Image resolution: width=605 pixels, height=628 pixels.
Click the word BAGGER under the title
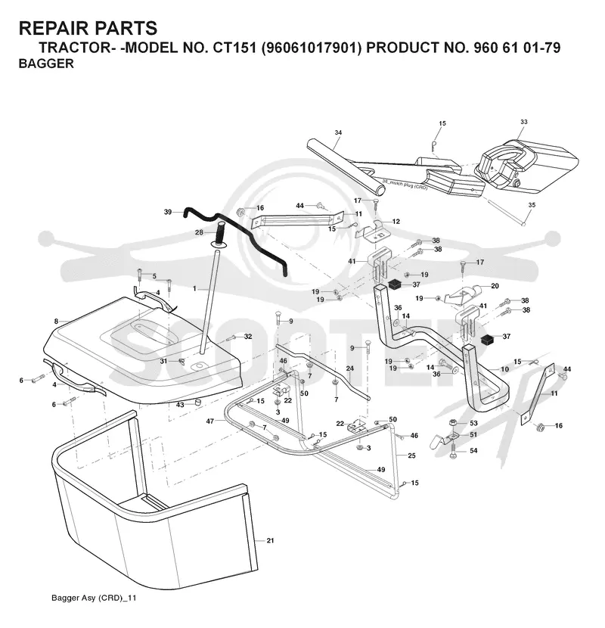pyautogui.click(x=46, y=64)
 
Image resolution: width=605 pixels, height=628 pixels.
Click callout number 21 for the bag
pyautogui.click(x=270, y=541)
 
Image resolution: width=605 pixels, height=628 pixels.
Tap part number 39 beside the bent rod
pyautogui.click(x=168, y=211)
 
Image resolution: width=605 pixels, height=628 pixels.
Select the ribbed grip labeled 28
pyautogui.click(x=221, y=234)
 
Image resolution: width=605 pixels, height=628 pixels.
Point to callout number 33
pyautogui.click(x=524, y=122)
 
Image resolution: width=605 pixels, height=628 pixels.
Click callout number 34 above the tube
pyautogui.click(x=338, y=132)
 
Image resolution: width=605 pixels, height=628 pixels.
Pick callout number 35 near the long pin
pyautogui.click(x=532, y=205)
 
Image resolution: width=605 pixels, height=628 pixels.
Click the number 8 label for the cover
pyautogui.click(x=56, y=322)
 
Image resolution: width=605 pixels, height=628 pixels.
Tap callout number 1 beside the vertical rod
pyautogui.click(x=194, y=288)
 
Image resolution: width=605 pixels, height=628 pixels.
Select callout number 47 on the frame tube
pyautogui.click(x=209, y=421)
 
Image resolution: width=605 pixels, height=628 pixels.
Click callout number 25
pyautogui.click(x=411, y=455)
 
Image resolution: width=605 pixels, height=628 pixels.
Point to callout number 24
pyautogui.click(x=350, y=368)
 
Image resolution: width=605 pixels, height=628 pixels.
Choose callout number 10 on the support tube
pyautogui.click(x=504, y=369)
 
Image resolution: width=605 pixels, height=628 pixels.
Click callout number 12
pyautogui.click(x=396, y=222)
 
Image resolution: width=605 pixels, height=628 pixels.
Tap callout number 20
pyautogui.click(x=495, y=286)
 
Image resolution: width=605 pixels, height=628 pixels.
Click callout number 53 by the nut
pyautogui.click(x=473, y=424)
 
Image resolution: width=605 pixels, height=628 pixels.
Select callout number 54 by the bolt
pyautogui.click(x=473, y=451)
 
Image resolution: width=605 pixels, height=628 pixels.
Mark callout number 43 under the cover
pyautogui.click(x=180, y=405)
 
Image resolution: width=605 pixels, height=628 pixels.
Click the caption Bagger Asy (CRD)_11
pyautogui.click(x=94, y=598)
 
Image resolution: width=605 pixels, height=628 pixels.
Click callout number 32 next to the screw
pyautogui.click(x=248, y=337)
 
